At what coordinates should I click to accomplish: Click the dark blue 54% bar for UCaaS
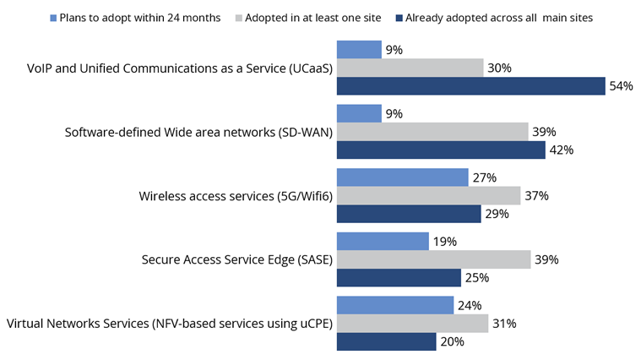tap(470, 86)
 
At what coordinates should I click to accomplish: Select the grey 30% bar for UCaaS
tap(410, 68)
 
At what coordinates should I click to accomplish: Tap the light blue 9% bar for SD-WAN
tap(359, 113)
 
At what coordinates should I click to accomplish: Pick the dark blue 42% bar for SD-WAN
tap(441, 150)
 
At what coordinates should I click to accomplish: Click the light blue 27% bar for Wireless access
tap(403, 177)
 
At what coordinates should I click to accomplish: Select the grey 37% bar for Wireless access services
tap(428, 195)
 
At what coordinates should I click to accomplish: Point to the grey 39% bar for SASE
tap(433, 259)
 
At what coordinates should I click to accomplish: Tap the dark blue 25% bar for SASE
tap(399, 277)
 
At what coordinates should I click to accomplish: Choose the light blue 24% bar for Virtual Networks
tap(396, 305)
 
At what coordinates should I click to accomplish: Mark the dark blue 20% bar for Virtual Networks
tap(386, 341)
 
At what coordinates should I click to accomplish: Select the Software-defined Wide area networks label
tap(198, 132)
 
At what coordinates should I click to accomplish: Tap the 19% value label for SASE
tap(445, 241)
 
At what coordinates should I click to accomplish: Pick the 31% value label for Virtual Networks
tap(505, 324)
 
